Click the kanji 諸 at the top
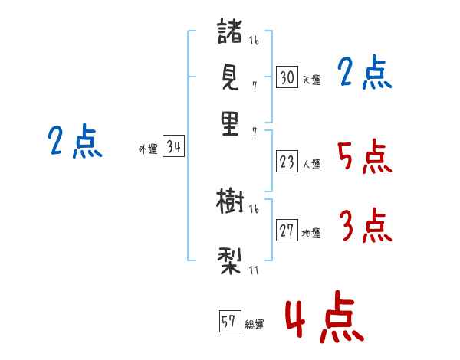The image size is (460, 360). (x=231, y=32)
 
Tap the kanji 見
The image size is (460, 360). (x=231, y=77)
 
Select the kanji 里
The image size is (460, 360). (x=231, y=123)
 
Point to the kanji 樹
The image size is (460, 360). (x=230, y=202)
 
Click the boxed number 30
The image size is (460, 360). (x=287, y=77)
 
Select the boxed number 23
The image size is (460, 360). (x=287, y=161)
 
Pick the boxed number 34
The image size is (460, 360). (x=173, y=148)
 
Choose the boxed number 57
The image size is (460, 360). (x=229, y=322)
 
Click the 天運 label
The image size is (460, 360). (x=311, y=80)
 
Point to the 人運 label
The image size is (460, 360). (x=311, y=163)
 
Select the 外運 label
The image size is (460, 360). (x=148, y=150)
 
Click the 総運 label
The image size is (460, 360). (x=255, y=325)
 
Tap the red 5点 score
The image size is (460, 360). (x=364, y=158)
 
